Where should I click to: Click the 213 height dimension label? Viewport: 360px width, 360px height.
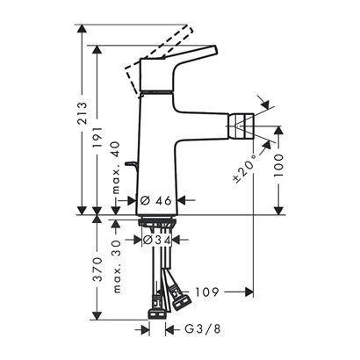(83, 113)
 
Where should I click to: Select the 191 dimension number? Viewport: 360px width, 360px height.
(97, 137)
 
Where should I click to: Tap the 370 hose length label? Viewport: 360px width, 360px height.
(97, 270)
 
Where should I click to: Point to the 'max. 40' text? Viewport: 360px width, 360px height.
(116, 168)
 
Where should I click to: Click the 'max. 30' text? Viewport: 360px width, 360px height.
(117, 267)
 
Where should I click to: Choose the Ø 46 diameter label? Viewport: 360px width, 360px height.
(155, 201)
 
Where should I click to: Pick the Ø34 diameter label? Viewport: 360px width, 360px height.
(156, 241)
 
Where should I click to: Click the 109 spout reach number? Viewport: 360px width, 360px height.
(207, 292)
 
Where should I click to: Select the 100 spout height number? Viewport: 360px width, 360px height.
(278, 165)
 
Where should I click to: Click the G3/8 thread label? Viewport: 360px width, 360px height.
(203, 329)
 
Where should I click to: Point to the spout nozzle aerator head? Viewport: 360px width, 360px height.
(240, 126)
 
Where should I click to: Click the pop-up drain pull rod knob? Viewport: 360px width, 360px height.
(131, 165)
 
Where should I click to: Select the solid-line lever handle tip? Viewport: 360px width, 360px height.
(214, 50)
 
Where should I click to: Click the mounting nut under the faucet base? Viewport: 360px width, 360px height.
(156, 222)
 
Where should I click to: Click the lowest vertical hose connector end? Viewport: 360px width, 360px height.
(156, 314)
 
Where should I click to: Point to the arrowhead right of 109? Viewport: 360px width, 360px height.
(249, 292)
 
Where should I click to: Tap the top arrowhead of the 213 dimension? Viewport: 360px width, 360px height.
(83, 28)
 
